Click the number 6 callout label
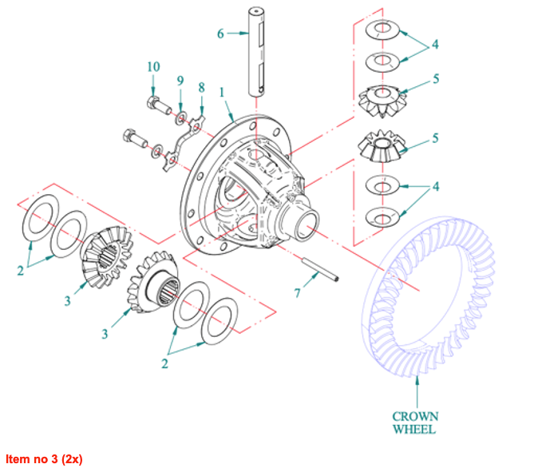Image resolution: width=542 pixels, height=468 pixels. [220, 34]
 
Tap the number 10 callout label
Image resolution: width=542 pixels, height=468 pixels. [153, 66]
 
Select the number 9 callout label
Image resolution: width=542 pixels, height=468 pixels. [180, 80]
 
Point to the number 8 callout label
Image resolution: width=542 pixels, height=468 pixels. [201, 86]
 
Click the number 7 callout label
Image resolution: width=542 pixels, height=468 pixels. [297, 293]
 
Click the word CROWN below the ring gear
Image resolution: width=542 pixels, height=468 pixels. [414, 416]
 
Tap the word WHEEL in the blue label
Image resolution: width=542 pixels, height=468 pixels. [414, 430]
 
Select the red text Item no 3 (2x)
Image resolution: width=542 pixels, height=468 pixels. [44, 459]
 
